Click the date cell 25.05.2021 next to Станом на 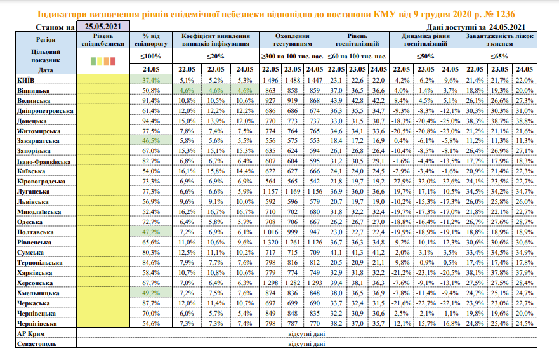(x=103, y=26)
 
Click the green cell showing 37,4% (x=152, y=80)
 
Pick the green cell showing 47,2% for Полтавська (x=152, y=232)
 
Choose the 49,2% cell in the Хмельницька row (x=152, y=293)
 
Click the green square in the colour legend (x=94, y=62)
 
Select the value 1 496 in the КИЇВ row (x=271, y=80)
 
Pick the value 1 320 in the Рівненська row (x=271, y=242)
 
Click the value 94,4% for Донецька (x=152, y=120)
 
